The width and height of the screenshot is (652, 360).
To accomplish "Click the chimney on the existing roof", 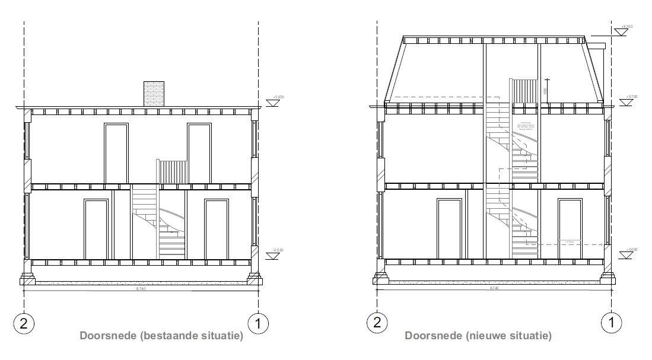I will pyautogui.click(x=154, y=94).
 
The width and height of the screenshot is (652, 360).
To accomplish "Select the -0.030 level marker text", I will pyautogui.click(x=278, y=251).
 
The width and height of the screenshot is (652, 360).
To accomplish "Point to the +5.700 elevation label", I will pyautogui.click(x=631, y=96).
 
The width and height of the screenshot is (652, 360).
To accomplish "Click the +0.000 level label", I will pyautogui.click(x=631, y=250).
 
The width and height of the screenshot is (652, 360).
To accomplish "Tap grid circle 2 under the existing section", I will pyautogui.click(x=24, y=323).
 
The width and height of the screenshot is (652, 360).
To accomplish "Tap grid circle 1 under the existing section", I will pyautogui.click(x=259, y=323).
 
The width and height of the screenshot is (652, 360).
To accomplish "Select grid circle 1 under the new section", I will pyautogui.click(x=612, y=323).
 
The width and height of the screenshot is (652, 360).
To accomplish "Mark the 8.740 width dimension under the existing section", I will pyautogui.click(x=141, y=288).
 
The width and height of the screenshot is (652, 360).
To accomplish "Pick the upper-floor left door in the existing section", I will pyautogui.click(x=116, y=153).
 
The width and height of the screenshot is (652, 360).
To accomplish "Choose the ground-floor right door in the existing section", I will pyautogui.click(x=217, y=229).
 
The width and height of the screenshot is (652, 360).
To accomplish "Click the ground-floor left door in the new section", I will pyautogui.click(x=450, y=229).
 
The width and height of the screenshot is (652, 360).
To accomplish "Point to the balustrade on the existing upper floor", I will pyautogui.click(x=171, y=171).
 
